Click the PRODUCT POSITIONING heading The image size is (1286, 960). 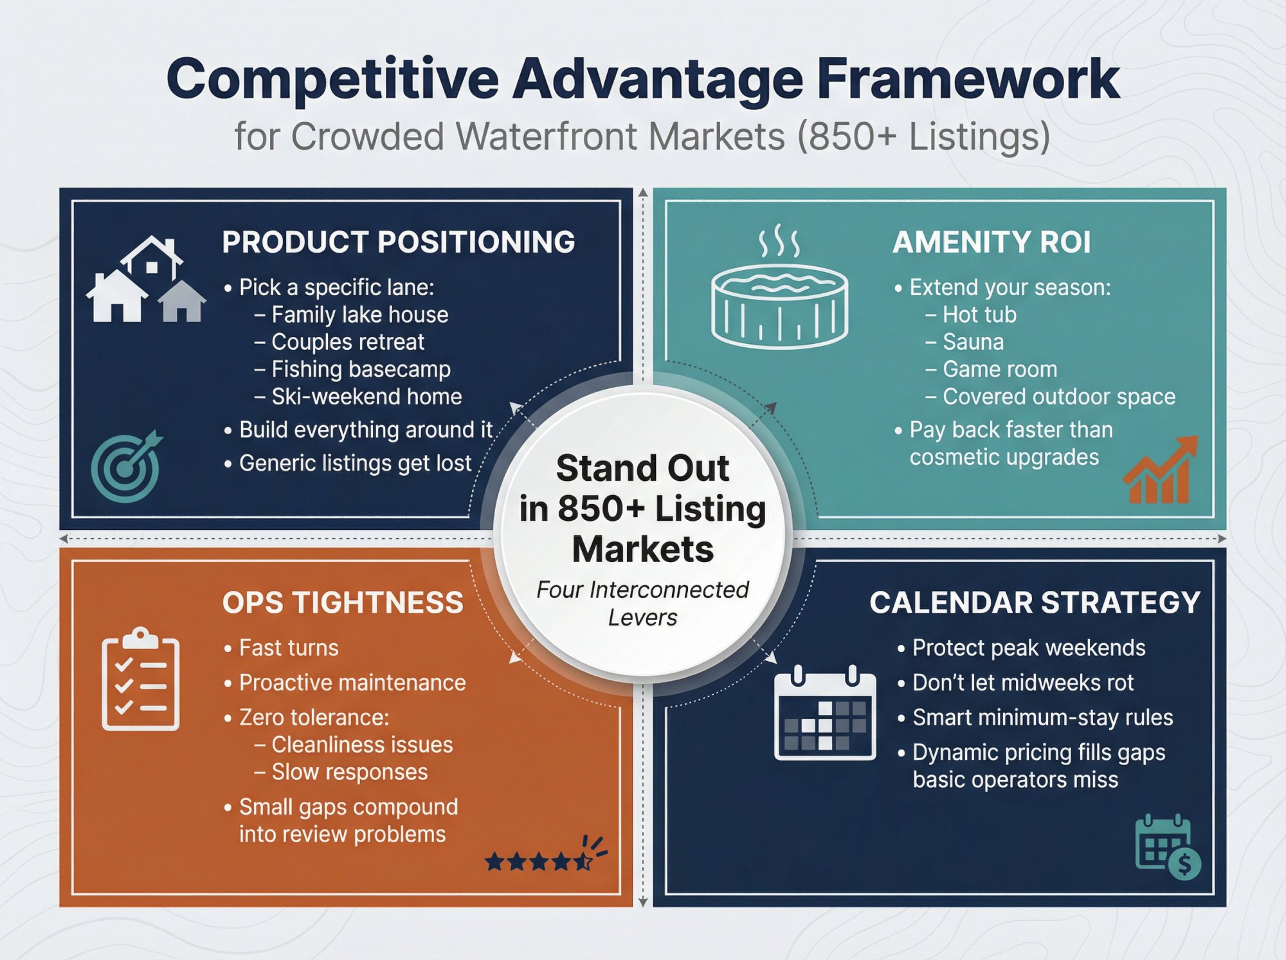click(398, 242)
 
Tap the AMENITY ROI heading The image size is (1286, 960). click(991, 242)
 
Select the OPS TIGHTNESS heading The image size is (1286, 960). click(342, 602)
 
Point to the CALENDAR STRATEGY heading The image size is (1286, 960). click(1035, 602)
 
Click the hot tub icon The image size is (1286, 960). click(779, 289)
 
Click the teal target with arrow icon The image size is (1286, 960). click(126, 466)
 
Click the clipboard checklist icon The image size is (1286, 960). click(140, 679)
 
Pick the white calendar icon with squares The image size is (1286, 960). click(825, 714)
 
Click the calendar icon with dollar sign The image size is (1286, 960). click(1167, 847)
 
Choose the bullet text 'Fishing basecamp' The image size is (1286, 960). click(361, 369)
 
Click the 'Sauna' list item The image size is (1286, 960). click(972, 342)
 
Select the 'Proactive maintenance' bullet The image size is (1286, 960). click(352, 683)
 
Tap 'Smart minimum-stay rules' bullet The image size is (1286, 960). click(1042, 718)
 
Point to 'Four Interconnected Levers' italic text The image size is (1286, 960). click(642, 603)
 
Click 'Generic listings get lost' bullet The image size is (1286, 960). click(355, 463)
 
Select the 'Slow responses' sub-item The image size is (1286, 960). click(349, 772)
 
